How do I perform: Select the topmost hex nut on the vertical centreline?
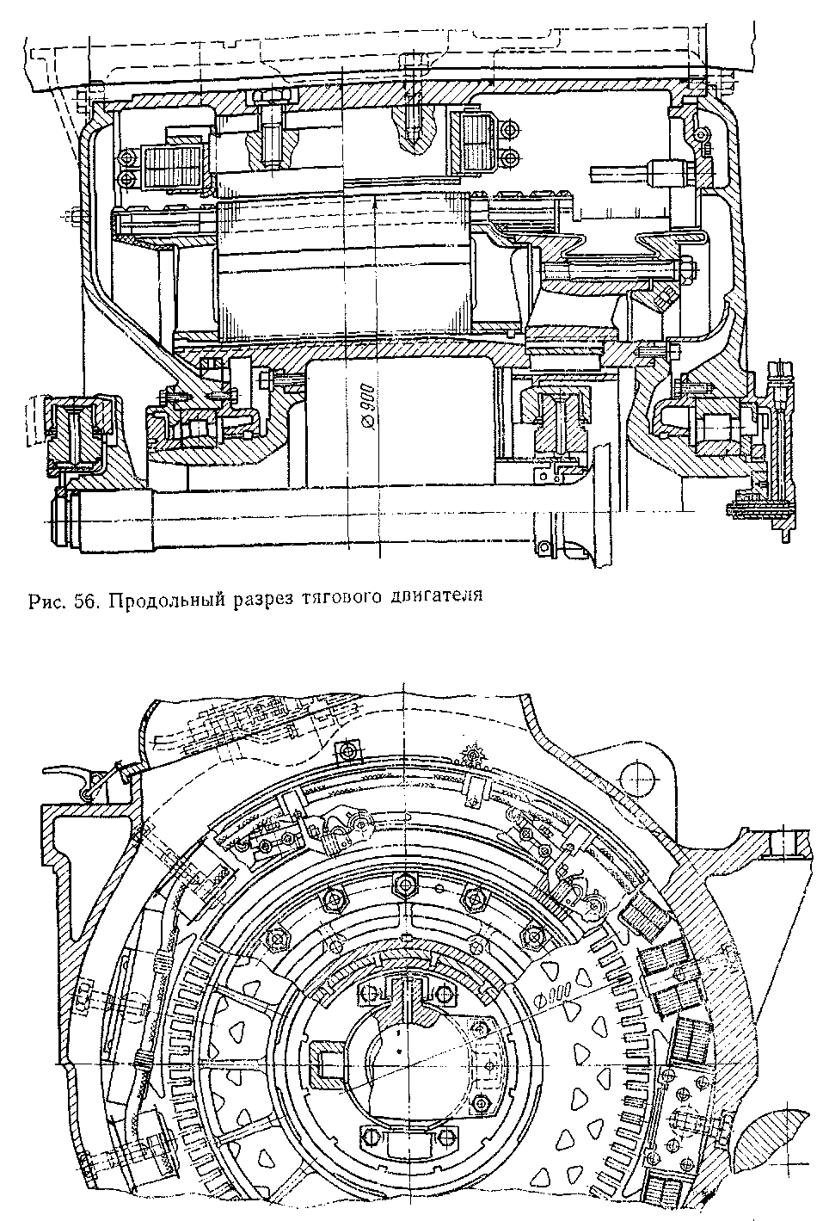click(401, 883)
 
